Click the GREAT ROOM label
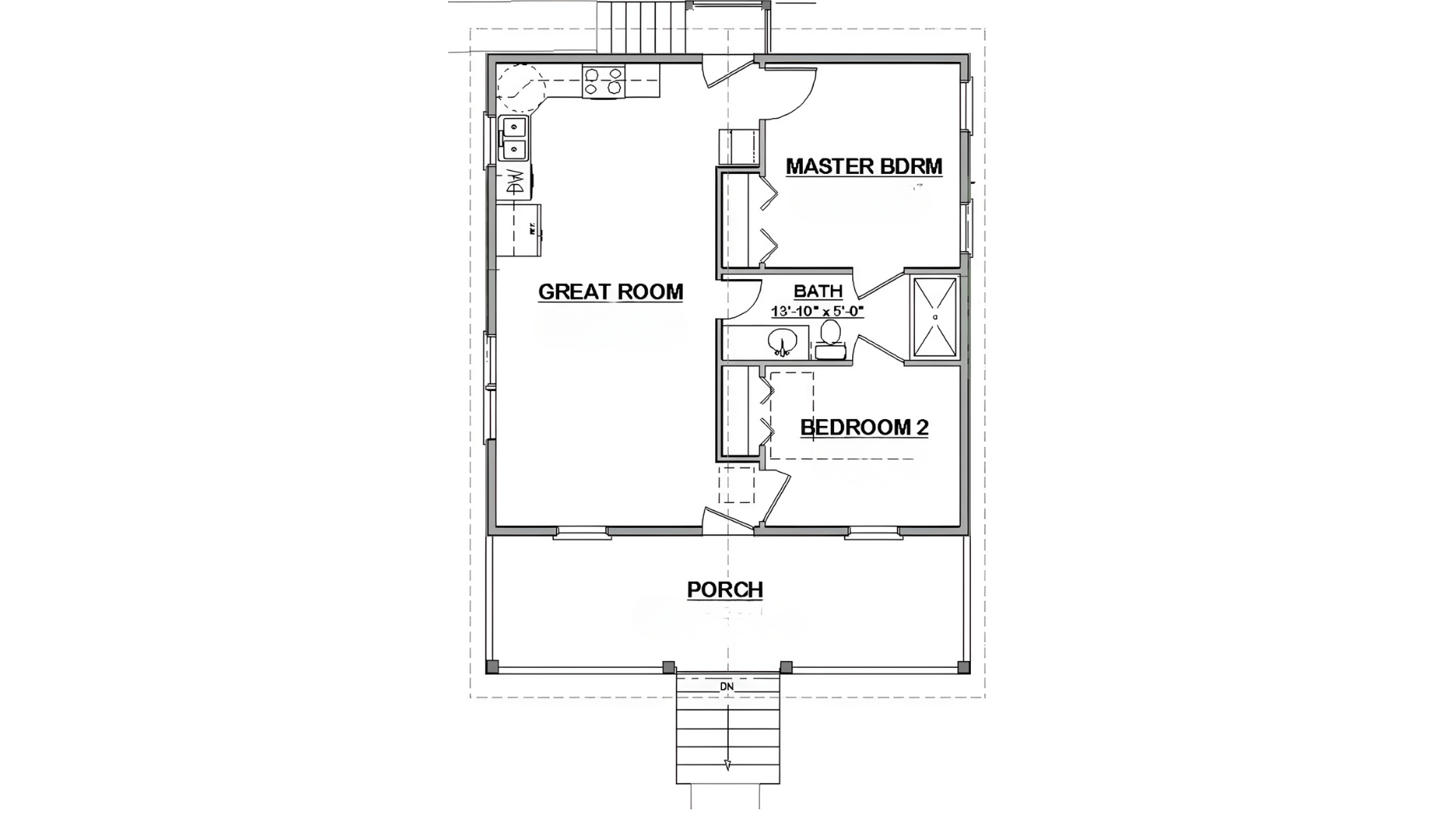click(x=610, y=292)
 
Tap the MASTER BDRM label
click(x=863, y=166)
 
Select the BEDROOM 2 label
click(x=863, y=427)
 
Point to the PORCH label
click(x=724, y=589)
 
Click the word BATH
click(x=818, y=291)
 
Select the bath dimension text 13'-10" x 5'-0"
click(x=817, y=311)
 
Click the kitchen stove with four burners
click(x=603, y=81)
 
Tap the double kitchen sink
click(x=514, y=138)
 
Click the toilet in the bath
click(x=830, y=340)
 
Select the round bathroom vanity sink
click(x=783, y=342)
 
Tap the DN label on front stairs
click(x=726, y=687)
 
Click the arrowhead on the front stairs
click(x=727, y=764)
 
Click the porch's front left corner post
click(x=493, y=667)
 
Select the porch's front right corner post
click(x=963, y=667)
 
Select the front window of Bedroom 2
click(x=873, y=533)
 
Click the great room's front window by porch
click(x=582, y=533)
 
